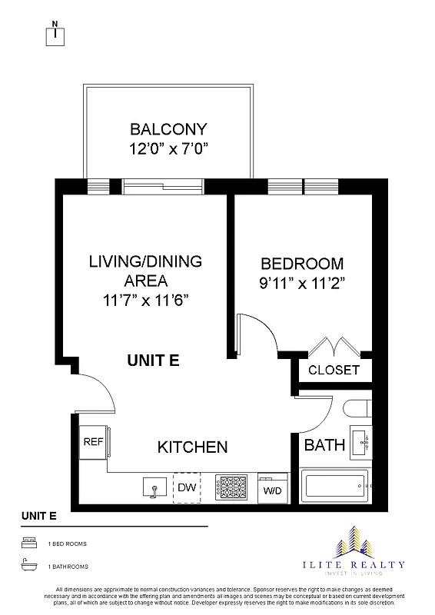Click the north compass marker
pyautogui.click(x=57, y=33)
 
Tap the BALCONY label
pyautogui.click(x=168, y=129)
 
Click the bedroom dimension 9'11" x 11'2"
pyautogui.click(x=301, y=282)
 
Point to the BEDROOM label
pyautogui.click(x=301, y=263)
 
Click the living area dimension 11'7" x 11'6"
pyautogui.click(x=144, y=300)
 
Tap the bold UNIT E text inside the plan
pyautogui.click(x=153, y=360)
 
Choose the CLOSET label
pyautogui.click(x=334, y=370)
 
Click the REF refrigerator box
pyautogui.click(x=93, y=443)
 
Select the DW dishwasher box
pyautogui.click(x=187, y=487)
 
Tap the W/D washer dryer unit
pyautogui.click(x=272, y=487)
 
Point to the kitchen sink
pyautogui.click(x=154, y=487)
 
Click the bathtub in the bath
pyautogui.click(x=336, y=486)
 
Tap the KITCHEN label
pyautogui.click(x=192, y=447)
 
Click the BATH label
pyautogui.click(x=319, y=444)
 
